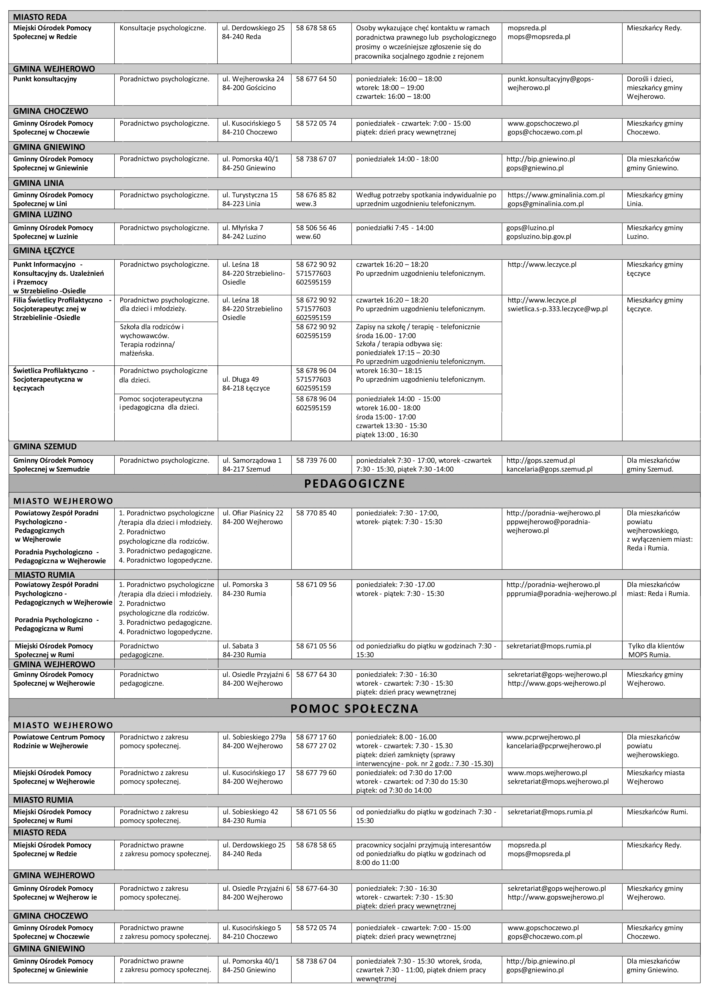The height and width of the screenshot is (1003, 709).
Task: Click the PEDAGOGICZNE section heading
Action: (x=354, y=483)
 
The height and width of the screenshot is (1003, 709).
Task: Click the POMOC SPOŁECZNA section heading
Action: (x=354, y=709)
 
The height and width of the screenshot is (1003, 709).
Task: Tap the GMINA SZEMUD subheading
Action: (x=45, y=446)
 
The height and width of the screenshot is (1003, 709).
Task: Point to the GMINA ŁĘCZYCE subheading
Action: (x=44, y=251)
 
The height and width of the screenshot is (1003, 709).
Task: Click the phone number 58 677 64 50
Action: (x=316, y=79)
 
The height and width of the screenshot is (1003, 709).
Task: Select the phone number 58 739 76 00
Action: (x=316, y=460)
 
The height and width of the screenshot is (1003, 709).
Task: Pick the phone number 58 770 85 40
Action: (x=316, y=513)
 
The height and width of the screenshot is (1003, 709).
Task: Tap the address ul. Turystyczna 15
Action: (x=250, y=195)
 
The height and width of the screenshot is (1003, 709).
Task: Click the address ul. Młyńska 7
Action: (x=243, y=228)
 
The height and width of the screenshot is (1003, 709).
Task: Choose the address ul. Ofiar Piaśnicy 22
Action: (x=253, y=513)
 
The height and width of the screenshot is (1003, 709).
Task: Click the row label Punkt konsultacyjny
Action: (x=45, y=79)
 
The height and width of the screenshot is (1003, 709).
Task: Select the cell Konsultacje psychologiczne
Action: (x=162, y=28)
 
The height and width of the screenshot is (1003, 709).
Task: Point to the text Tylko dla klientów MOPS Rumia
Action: (x=656, y=650)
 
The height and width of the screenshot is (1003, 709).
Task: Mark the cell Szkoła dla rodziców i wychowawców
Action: (x=152, y=331)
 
